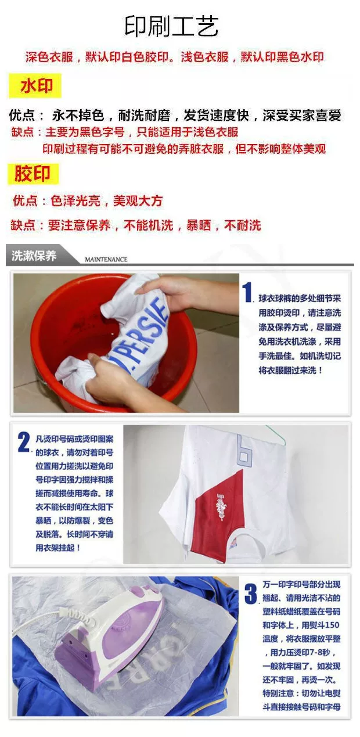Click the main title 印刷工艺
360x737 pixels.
pos(171,26)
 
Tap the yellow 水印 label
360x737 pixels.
pos(35,85)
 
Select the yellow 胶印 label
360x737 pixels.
pos(33,174)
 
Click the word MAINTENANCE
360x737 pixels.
pos(106,259)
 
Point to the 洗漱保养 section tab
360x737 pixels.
pos(34,256)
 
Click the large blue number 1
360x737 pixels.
pos(247,292)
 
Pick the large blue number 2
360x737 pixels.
pos(24,442)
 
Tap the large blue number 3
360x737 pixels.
pos(251,593)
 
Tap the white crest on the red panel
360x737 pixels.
pos(221,506)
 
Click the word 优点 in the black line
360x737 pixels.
pos(21,115)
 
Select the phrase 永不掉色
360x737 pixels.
pos(78,115)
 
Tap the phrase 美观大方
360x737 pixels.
pos(138,201)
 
